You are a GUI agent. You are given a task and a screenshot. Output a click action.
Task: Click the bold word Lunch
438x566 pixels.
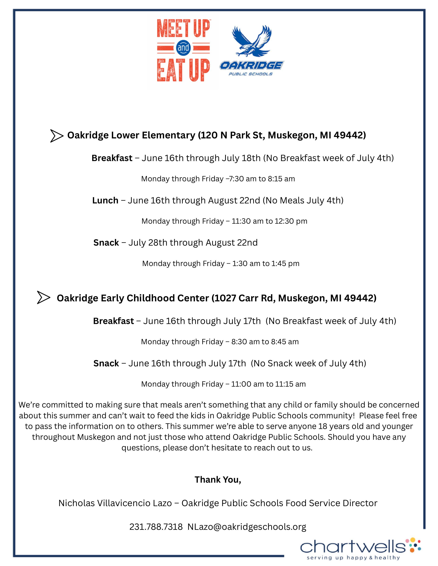tap(105, 200)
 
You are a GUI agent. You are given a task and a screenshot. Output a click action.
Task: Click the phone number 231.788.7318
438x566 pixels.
tap(156, 527)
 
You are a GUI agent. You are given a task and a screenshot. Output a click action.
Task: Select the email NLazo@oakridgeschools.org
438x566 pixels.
tap(247, 527)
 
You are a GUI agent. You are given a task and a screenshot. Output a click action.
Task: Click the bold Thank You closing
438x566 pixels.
tap(218, 480)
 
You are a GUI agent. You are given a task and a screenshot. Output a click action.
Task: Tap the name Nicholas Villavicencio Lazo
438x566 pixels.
tap(115, 503)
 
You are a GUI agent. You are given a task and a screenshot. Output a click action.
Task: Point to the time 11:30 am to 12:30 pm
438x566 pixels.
tap(269, 221)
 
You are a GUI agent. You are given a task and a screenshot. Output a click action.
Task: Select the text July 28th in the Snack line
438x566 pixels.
tap(148, 243)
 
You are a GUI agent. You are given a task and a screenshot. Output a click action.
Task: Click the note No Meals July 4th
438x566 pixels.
tap(303, 200)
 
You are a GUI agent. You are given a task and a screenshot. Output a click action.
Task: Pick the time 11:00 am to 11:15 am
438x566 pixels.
tap(268, 384)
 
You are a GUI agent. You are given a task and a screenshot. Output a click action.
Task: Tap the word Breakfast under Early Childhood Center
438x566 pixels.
tap(113, 321)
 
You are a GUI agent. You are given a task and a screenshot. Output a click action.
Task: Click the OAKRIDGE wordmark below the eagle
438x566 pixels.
tap(251, 65)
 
